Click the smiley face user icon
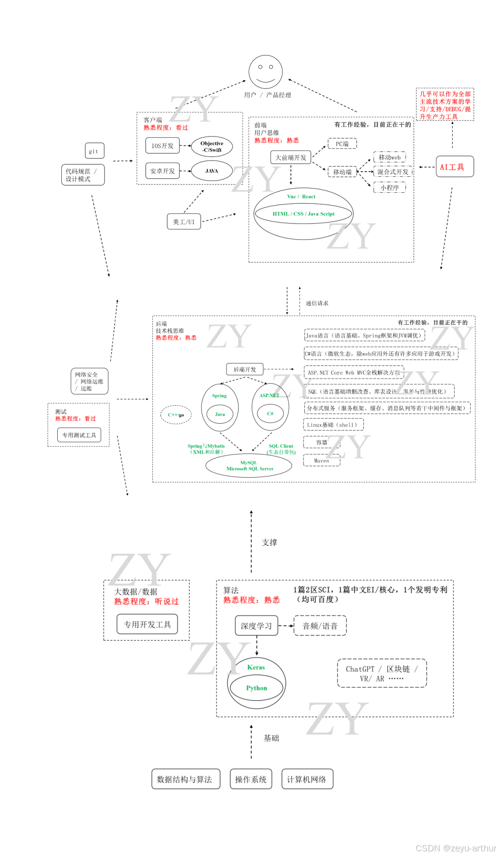point(265,72)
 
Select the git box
point(94,151)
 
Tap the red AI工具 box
point(454,167)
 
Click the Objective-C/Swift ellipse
point(212,147)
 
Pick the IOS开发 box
point(162,146)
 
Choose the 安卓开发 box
point(162,171)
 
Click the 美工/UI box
point(184,222)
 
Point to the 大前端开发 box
point(291,158)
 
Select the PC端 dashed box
point(342,144)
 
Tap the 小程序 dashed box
point(390,187)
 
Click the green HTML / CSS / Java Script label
point(303,214)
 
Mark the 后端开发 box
point(245,369)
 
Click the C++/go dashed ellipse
point(176,414)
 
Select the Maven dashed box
point(321,460)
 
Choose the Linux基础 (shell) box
point(333,425)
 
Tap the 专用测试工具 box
point(79,435)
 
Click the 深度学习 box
point(256,626)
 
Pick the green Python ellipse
point(256,688)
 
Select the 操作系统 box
point(250,779)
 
